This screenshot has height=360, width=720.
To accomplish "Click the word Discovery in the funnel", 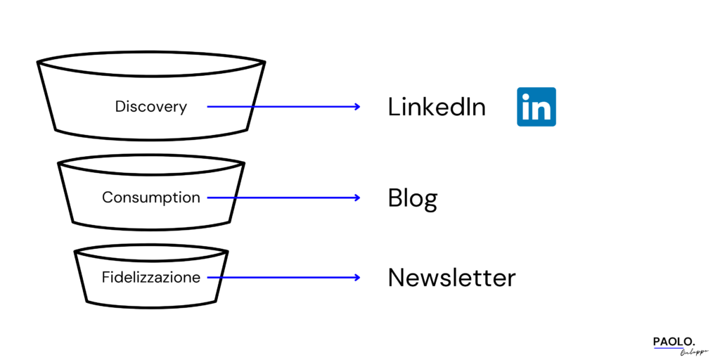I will click(x=151, y=107).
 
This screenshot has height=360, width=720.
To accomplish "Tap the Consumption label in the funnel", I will click(x=151, y=198).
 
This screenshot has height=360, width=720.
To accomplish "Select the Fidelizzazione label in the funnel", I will click(x=151, y=277).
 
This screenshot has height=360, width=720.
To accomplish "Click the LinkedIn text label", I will click(x=437, y=107).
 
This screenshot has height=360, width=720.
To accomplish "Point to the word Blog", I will click(x=413, y=199).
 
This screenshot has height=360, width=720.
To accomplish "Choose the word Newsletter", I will click(x=451, y=278).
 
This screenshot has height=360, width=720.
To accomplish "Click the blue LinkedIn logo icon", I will click(x=536, y=107).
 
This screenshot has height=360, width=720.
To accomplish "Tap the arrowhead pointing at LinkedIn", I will click(x=357, y=107).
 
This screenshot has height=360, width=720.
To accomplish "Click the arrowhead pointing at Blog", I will click(x=357, y=198).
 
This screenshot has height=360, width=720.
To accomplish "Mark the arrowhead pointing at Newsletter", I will click(x=357, y=277).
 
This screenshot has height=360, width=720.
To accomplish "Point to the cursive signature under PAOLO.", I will click(x=693, y=352).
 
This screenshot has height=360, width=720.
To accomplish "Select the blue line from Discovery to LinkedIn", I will click(x=281, y=107).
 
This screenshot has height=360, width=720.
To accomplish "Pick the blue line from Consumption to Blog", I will click(x=281, y=198).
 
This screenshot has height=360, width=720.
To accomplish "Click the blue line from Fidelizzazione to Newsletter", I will click(x=281, y=277).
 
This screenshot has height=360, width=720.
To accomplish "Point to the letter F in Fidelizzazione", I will click(x=105, y=277).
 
